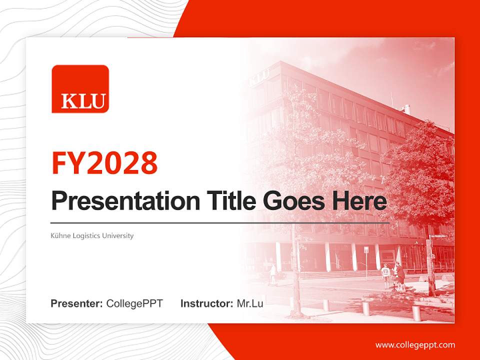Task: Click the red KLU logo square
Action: point(80,89)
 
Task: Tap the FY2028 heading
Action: point(104,163)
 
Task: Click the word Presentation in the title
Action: point(125,201)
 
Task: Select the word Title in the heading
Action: point(231,201)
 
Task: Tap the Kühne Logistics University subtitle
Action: point(92,235)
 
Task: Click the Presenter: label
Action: point(76,303)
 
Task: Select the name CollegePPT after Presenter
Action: point(134,303)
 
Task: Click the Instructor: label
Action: point(207,303)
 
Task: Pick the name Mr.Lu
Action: point(250,303)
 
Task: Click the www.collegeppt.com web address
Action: point(415,345)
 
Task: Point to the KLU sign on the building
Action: point(259,77)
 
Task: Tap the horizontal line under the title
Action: point(220,223)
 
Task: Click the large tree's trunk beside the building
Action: point(430,263)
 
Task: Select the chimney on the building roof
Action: point(407,108)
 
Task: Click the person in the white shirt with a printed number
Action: point(386,275)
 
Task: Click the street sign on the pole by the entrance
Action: point(366,250)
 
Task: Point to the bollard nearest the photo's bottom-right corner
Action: point(416,312)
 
